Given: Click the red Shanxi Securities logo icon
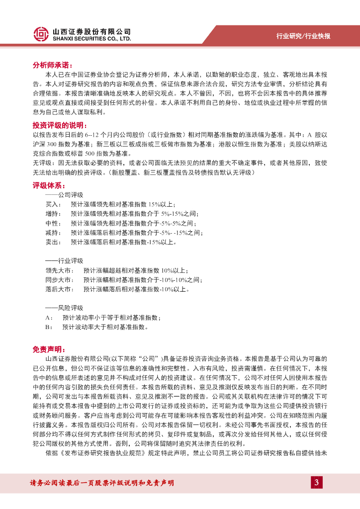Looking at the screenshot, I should [x=41, y=34].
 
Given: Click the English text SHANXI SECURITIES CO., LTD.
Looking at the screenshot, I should [x=92, y=38].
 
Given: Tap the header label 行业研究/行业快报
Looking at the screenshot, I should [x=303, y=36].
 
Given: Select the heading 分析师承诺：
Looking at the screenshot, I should [x=53, y=65].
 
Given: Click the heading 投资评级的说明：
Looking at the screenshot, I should [x=60, y=125].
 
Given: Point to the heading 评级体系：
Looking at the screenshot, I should [x=49, y=185].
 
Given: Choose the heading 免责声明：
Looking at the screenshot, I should [x=49, y=350].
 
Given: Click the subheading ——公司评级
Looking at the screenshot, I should [x=64, y=195].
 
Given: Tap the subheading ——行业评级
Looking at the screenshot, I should [x=64, y=261].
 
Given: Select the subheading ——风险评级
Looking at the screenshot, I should [x=64, y=308].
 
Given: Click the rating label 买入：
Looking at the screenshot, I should [x=53, y=204].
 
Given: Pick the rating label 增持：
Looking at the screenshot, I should [x=53, y=214].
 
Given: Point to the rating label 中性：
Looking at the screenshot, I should [x=53, y=223].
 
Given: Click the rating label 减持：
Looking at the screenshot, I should [x=53, y=233].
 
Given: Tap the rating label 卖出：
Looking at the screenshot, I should [x=53, y=242].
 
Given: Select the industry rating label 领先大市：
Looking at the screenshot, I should [x=60, y=270].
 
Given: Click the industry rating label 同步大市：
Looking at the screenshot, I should [x=60, y=280].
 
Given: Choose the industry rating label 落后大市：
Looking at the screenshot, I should [x=60, y=289].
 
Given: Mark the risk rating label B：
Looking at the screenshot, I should [x=49, y=327].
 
